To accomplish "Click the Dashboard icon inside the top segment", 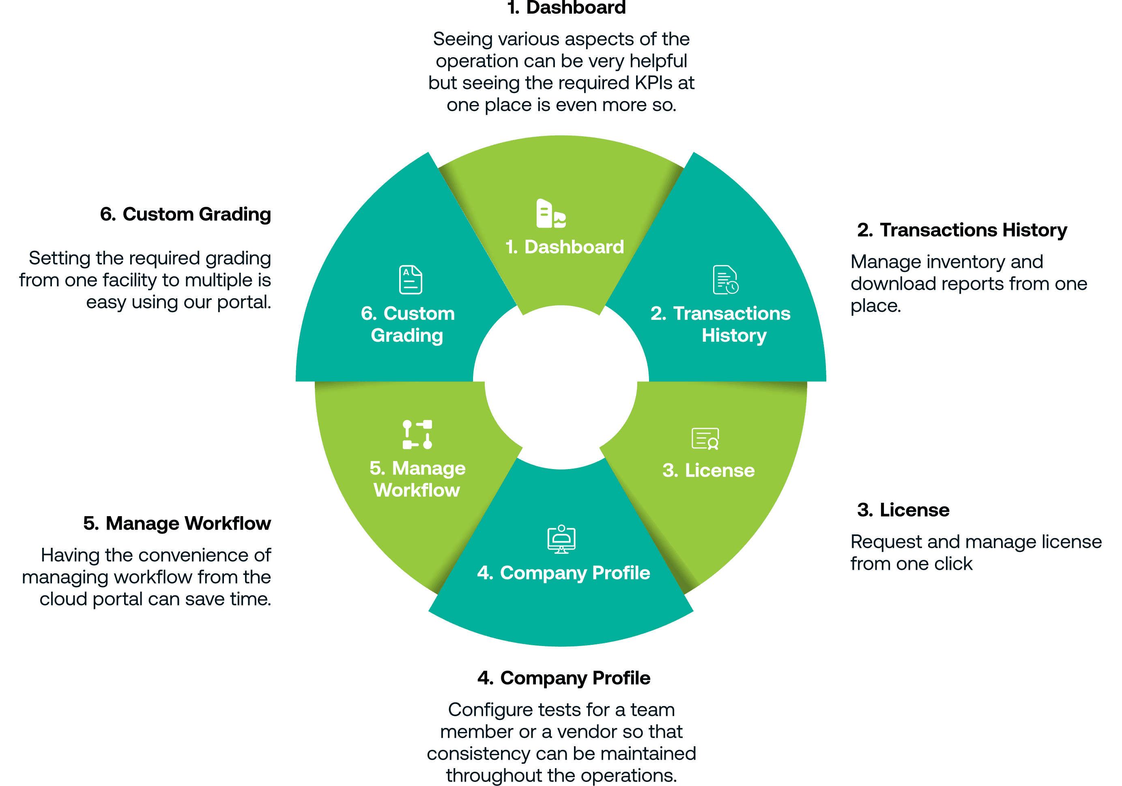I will [x=551, y=213].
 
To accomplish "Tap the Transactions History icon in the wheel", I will [x=725, y=280].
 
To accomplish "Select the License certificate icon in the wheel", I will [x=705, y=439].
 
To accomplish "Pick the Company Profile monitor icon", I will [x=561, y=539].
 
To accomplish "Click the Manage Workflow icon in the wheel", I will [x=417, y=434].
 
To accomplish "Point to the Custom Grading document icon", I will [x=411, y=280].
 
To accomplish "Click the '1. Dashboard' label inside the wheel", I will [x=564, y=247].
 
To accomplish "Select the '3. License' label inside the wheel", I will [x=708, y=470].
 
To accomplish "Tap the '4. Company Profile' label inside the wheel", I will [x=563, y=573].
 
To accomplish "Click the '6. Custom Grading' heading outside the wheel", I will [x=185, y=214].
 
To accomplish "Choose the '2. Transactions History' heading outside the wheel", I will [x=962, y=230].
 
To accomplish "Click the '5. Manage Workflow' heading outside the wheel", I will [x=177, y=523].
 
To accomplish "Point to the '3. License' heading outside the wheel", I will [x=903, y=510].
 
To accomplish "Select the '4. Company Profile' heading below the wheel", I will [x=563, y=678].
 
